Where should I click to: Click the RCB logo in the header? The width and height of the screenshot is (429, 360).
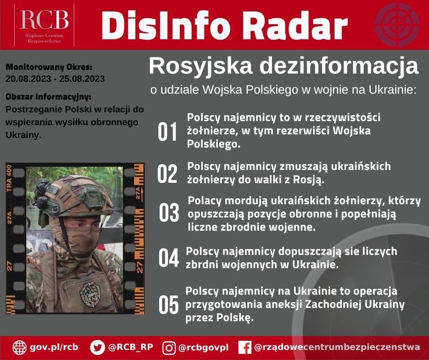pos(44,24)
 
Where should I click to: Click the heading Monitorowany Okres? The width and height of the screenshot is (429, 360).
pos(49,68)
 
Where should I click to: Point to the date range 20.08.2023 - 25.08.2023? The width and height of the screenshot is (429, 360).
pos(55,79)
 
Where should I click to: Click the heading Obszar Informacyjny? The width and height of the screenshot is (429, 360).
pos(48,97)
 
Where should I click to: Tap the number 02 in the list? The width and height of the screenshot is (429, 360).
pos(167,174)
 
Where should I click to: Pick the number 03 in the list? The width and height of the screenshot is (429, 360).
pos(169,213)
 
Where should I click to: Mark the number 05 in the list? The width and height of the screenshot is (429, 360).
pos(168,305)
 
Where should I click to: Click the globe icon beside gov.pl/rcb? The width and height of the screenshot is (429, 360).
pos(20,347)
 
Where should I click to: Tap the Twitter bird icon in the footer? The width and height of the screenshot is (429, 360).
pos(97,347)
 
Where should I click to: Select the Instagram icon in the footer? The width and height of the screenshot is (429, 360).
pos(169,348)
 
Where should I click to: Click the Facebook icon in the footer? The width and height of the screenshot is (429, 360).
pos(245,348)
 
